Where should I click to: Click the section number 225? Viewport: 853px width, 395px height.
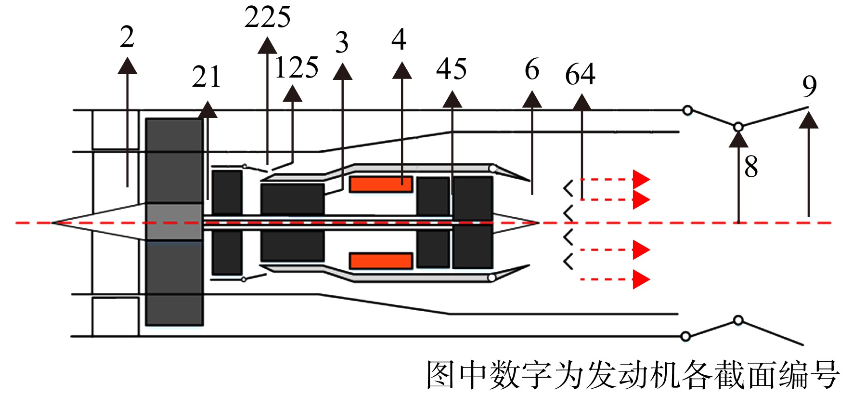coord(268,17)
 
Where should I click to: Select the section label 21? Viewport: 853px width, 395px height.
coord(206,77)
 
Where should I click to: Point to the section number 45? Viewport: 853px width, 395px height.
coord(452,69)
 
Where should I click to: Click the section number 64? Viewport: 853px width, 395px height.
coord(580,74)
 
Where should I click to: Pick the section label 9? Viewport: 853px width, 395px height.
coord(810,87)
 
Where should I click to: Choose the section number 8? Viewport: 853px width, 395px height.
coord(751,167)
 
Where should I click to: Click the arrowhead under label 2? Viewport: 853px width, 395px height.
coord(128,66)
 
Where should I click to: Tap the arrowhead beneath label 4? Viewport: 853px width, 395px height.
coord(402,70)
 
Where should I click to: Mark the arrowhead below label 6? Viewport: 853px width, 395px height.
coord(532,99)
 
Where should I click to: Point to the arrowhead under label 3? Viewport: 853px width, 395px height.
coord(342,71)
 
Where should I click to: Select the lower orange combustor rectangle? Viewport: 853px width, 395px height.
coord(381,261)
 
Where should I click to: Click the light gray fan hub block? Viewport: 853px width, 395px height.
coord(174,222)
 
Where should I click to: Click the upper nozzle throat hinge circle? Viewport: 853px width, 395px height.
coord(738,127)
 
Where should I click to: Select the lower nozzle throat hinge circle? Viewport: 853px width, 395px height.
coord(738,320)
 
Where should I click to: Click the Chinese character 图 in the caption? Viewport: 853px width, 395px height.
coord(440,375)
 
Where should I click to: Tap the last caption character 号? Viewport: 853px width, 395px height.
coord(825,375)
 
